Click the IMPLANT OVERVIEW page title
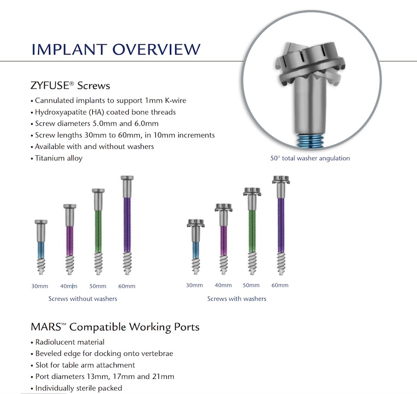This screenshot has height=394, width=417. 116,49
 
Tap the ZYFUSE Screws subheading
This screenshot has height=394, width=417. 70,85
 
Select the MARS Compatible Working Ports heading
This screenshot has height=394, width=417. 115,327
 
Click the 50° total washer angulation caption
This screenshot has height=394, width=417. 310,158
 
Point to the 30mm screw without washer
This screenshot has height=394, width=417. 41,247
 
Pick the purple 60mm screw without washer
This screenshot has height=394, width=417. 127,225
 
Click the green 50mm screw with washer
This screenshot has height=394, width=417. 252,231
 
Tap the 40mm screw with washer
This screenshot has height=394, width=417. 224,239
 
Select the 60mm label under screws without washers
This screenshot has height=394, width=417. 127,286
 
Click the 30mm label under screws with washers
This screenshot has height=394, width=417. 194,285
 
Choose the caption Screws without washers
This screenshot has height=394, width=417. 83,299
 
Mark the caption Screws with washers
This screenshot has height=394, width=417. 237,299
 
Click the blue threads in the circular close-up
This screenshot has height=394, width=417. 310,140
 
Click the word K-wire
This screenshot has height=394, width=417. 176,100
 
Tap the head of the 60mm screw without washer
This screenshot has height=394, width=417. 127,178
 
